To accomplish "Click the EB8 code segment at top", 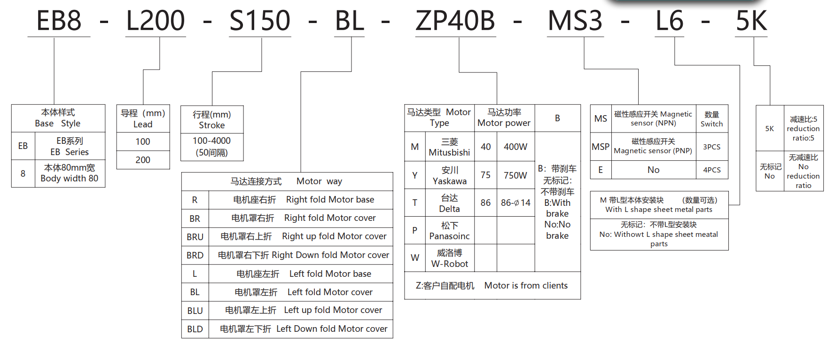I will pyautogui.click(x=59, y=21).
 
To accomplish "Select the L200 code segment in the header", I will pyautogui.click(x=156, y=21).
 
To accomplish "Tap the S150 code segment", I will pyautogui.click(x=260, y=21).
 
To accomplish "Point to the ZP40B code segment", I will pyautogui.click(x=455, y=21).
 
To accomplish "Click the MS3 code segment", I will pyautogui.click(x=575, y=21).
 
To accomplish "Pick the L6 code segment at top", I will pyautogui.click(x=670, y=21).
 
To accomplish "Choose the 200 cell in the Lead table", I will pyautogui.click(x=143, y=160).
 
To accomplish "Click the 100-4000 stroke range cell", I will pyautogui.click(x=212, y=147).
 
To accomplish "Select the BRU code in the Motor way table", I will pyautogui.click(x=195, y=237).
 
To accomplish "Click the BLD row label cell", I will pyautogui.click(x=195, y=329).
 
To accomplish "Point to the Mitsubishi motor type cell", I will pyautogui.click(x=449, y=147).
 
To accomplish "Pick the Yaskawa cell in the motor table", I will pyautogui.click(x=449, y=175).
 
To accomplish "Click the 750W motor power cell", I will pyautogui.click(x=516, y=175).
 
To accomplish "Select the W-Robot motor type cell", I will pyautogui.click(x=449, y=258).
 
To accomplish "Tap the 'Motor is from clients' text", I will pyautogui.click(x=526, y=285).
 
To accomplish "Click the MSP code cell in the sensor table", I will pyautogui.click(x=601, y=147).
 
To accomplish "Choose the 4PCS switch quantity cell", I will pyautogui.click(x=711, y=170).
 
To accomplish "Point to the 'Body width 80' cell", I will pyautogui.click(x=70, y=173).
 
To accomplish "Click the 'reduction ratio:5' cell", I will pyautogui.click(x=803, y=128).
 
